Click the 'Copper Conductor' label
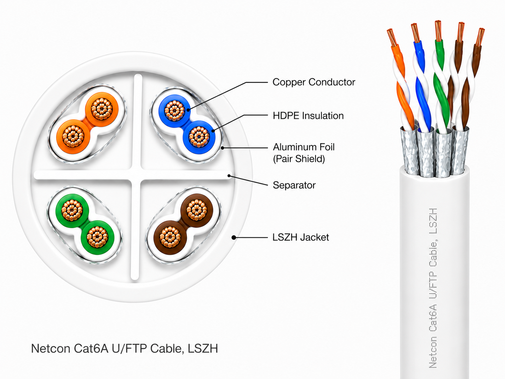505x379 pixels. pyautogui.click(x=314, y=82)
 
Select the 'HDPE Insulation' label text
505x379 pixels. pyautogui.click(x=308, y=116)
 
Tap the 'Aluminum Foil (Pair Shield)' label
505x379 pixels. pyautogui.click(x=304, y=153)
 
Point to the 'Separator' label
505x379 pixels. pyautogui.click(x=294, y=185)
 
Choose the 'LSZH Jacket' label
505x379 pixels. pyautogui.click(x=301, y=237)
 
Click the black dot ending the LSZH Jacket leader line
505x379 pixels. pyautogui.click(x=234, y=237)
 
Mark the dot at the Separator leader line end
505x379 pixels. pyautogui.click(x=229, y=176)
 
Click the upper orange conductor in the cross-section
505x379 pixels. pyautogui.click(x=102, y=109)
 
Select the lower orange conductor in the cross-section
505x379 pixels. pyautogui.click(x=73, y=136)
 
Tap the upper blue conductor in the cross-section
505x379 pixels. pyautogui.click(x=175, y=111)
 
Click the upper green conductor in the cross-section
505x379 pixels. pyautogui.click(x=72, y=210)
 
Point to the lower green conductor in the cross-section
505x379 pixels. pyautogui.click(x=98, y=237)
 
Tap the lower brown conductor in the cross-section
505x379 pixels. pyautogui.click(x=170, y=237)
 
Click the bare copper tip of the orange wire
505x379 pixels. pyautogui.click(x=391, y=37)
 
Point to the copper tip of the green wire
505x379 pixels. pyautogui.click(x=438, y=31)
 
